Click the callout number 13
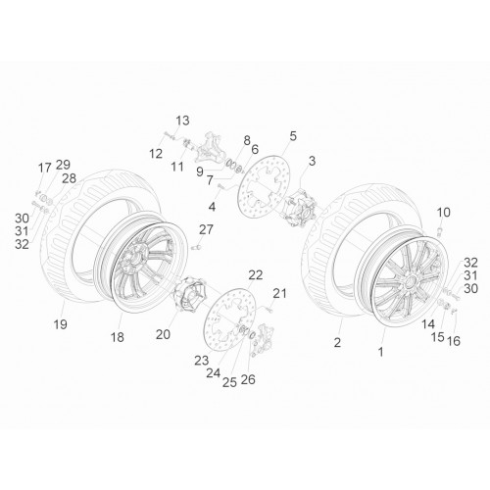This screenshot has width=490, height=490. point(183,121)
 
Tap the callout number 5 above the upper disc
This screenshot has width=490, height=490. point(293,136)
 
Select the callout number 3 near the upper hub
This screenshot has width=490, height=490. point(313,161)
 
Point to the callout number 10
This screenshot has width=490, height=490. point(444,213)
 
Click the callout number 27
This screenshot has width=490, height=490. point(206,230)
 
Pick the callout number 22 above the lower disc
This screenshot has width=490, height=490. point(256,275)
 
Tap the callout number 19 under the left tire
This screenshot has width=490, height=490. point(61,324)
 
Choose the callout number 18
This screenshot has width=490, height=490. point(118,337)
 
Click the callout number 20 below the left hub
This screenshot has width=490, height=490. point(163,334)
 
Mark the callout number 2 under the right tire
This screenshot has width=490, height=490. point(337,342)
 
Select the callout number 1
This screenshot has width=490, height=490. point(380,352)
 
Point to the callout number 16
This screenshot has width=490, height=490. point(454,341)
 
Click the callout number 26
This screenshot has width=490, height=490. point(248,379)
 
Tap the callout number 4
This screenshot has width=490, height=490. point(212,207)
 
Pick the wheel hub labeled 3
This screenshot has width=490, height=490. point(300,208)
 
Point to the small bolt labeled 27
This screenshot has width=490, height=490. point(197,248)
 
